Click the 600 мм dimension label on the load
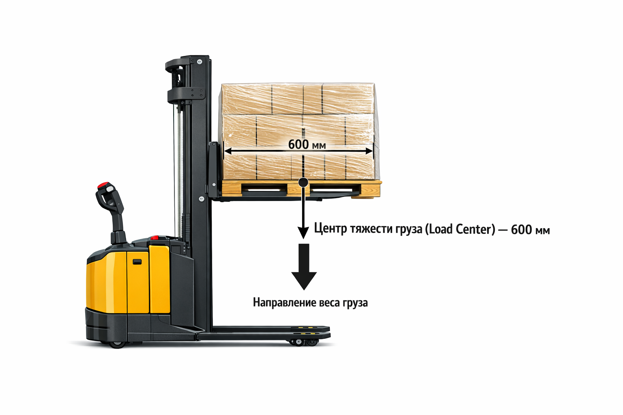click(307, 144)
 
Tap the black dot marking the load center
click(303, 182)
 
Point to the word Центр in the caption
click(331, 229)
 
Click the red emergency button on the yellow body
click(155, 238)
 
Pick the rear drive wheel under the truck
click(117, 344)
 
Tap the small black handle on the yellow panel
click(137, 262)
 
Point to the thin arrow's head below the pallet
click(303, 233)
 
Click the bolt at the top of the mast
click(199, 62)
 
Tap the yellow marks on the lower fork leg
click(304, 327)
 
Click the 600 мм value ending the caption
click(530, 230)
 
